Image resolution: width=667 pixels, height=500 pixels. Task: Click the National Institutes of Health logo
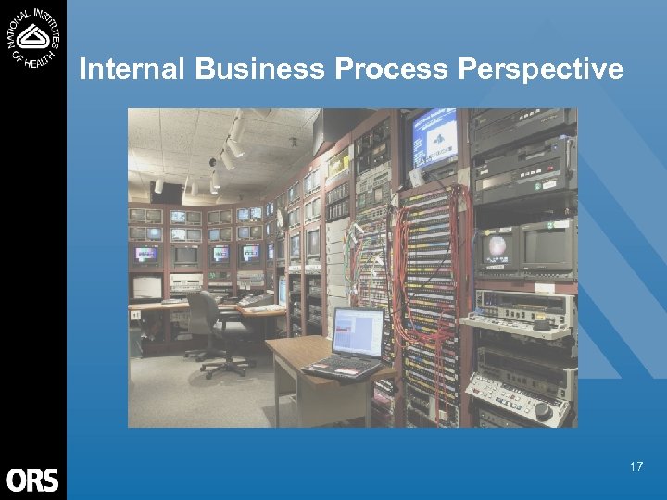click(33, 36)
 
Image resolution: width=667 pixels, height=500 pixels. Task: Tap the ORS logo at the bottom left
click(32, 480)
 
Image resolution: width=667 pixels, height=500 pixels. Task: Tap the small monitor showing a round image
click(497, 248)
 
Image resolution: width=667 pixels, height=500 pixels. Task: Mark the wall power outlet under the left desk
click(135, 315)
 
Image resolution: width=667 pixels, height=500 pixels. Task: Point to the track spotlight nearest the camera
click(238, 130)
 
